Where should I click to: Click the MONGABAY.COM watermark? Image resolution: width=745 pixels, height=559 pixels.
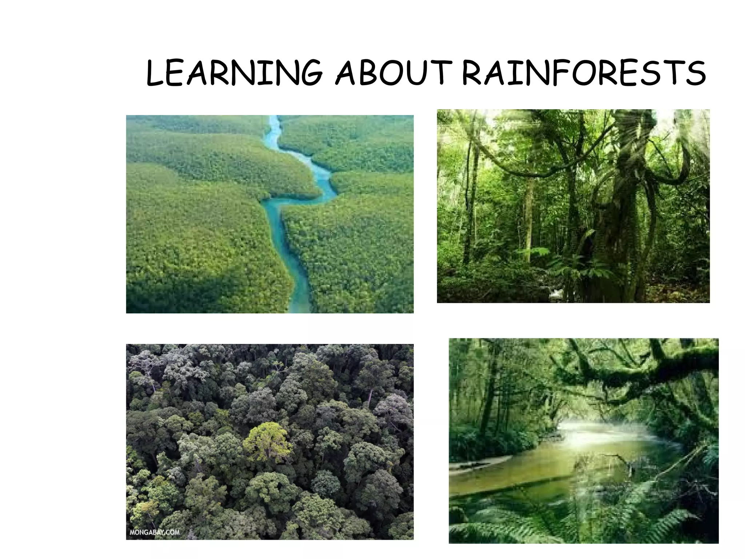(155, 532)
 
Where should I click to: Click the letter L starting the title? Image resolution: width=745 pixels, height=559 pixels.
(155, 74)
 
